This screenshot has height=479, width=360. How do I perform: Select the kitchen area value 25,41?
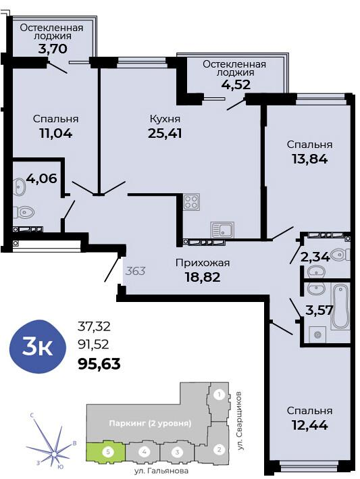[x=165, y=132]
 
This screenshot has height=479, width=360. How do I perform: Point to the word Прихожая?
[x=202, y=263]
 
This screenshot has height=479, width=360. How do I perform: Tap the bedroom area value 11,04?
[x=55, y=132]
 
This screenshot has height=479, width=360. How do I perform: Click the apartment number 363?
[x=136, y=271]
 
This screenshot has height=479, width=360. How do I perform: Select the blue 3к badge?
[x=38, y=348]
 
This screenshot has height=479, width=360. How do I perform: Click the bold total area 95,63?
[x=100, y=365]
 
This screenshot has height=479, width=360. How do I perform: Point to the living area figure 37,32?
[x=95, y=326]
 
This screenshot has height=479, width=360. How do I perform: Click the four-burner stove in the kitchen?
[x=191, y=201]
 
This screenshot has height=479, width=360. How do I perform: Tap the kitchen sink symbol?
[x=222, y=229]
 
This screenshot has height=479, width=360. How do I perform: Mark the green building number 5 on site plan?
[x=105, y=451]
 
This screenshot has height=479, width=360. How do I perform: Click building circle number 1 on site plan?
[x=218, y=395]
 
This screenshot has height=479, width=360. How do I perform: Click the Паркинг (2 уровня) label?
[x=150, y=424]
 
